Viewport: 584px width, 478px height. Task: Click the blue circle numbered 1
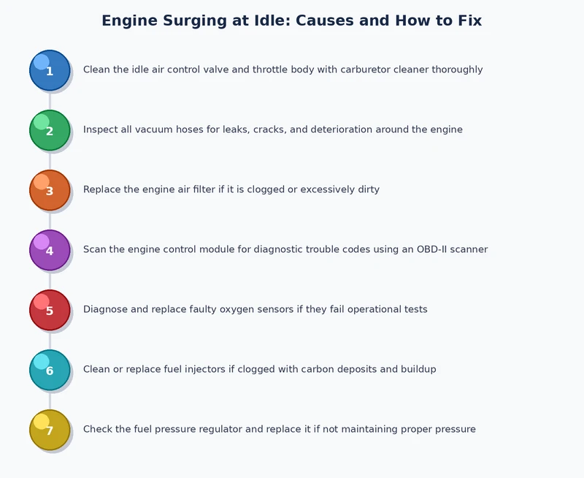tap(50, 70)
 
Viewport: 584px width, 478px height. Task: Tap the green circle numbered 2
tap(50, 130)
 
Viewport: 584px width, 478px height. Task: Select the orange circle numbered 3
tap(50, 190)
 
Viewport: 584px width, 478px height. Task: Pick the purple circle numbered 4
tap(50, 250)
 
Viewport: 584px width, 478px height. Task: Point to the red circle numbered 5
tap(50, 310)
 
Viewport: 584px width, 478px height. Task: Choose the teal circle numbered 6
tap(50, 370)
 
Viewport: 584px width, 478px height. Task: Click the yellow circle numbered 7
tap(50, 430)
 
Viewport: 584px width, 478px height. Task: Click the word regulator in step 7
tap(216, 430)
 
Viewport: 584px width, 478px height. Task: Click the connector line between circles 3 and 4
tap(50, 220)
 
